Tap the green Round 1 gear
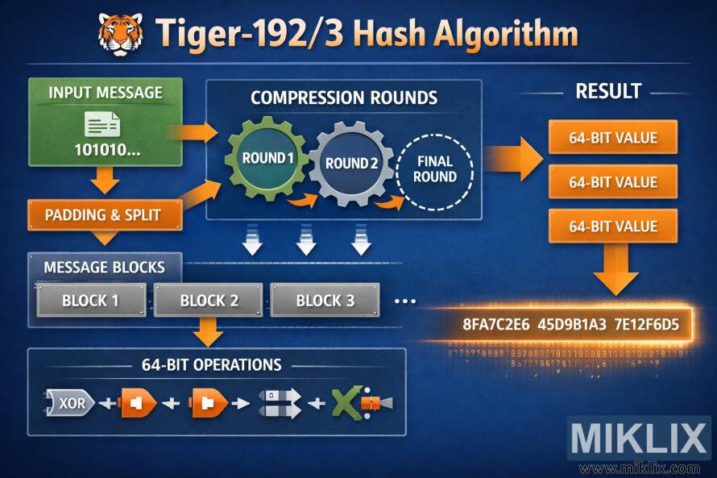point(267,158)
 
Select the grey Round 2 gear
point(351,164)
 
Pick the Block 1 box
point(91,301)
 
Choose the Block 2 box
point(209,301)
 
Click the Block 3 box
point(325,301)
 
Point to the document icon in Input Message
point(102,124)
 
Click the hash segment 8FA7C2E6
point(495,326)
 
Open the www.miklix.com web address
point(639,468)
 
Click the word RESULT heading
point(608,91)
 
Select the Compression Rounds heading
point(344,98)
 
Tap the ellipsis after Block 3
point(405,301)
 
